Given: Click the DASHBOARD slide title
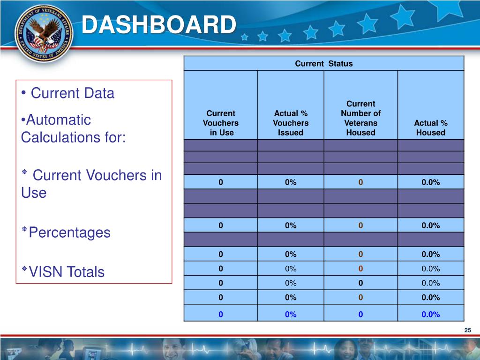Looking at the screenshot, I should click(x=158, y=25).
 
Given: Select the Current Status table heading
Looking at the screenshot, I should click(x=323, y=63).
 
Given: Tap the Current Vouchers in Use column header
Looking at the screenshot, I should click(x=220, y=123).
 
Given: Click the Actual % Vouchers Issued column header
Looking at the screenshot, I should click(x=291, y=123).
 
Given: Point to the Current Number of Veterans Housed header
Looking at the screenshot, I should click(x=360, y=118).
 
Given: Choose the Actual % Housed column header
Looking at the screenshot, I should click(x=430, y=127).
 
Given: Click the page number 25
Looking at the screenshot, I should click(x=467, y=331).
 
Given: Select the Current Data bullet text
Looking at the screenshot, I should click(x=73, y=93).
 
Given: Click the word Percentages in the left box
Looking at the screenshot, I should click(x=70, y=232).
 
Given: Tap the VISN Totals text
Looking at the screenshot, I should click(x=67, y=272).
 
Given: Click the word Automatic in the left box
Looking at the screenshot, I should click(x=58, y=120).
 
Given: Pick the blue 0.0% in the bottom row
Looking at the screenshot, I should click(x=430, y=315).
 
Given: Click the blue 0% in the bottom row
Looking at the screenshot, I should click(x=291, y=315).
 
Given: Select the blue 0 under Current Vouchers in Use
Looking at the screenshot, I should click(x=220, y=315).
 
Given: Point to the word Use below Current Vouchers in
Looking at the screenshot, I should click(x=34, y=193).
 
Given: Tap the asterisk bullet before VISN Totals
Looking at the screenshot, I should click(x=23, y=269).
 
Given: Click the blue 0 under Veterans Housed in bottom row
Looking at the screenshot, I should click(x=360, y=315).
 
